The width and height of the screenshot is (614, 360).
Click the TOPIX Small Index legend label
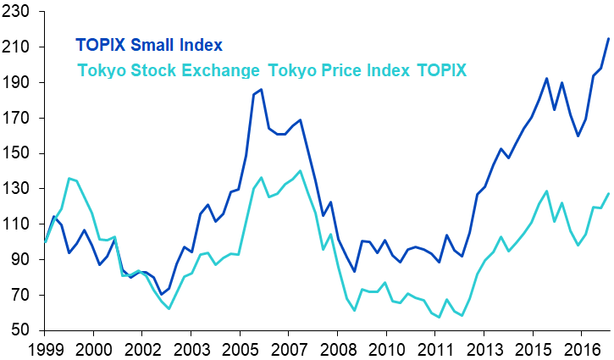tap(148, 45)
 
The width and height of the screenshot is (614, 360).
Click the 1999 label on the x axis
tap(45, 349)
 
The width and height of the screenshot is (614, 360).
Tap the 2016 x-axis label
tap(582, 349)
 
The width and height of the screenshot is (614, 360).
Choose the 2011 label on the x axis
tap(435, 349)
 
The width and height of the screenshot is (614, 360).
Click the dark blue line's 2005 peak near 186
tap(261, 89)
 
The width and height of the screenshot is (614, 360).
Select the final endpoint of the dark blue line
tap(608, 38)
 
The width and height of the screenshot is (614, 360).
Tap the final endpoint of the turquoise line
tap(608, 194)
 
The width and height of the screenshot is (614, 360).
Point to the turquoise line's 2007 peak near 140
tap(300, 170)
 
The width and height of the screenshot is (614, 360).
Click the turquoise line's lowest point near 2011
tap(439, 318)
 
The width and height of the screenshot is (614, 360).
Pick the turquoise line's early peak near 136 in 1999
tap(69, 178)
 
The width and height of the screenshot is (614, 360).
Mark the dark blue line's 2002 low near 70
tap(160, 294)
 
